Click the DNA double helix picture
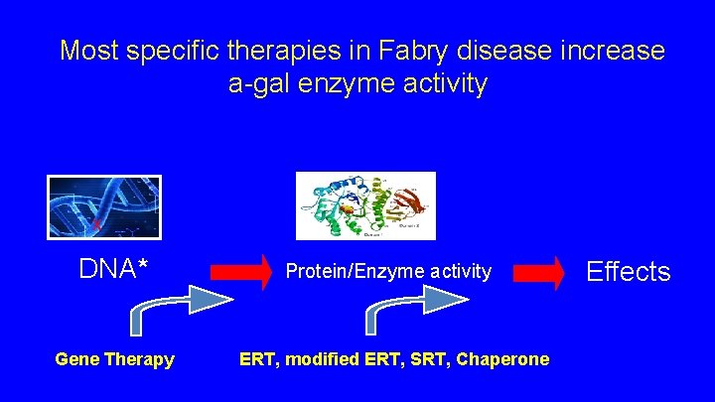tap(103, 206)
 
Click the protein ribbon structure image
tap(365, 205)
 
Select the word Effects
tap(629, 272)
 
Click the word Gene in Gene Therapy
tap(75, 359)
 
